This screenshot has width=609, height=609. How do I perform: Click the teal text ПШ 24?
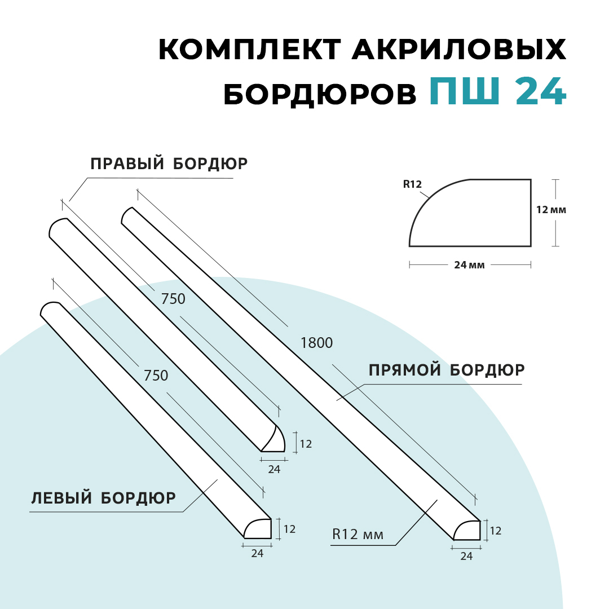point(498,91)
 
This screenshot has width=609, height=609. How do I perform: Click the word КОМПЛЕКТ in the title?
point(250,49)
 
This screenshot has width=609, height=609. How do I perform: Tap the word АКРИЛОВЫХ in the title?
point(459,49)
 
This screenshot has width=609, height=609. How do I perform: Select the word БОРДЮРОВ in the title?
point(320,94)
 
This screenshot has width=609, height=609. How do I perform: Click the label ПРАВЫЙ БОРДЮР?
point(169,164)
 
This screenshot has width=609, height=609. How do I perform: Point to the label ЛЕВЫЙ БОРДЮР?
point(103,498)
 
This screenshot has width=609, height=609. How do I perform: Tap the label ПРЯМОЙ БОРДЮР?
point(447,370)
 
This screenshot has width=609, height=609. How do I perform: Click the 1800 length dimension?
point(316,343)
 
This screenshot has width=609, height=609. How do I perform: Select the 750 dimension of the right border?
point(173,299)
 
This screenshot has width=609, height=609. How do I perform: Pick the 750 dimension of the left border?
point(156,376)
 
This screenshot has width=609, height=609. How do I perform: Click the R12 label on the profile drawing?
point(412,184)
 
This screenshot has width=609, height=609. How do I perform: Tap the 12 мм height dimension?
point(551,210)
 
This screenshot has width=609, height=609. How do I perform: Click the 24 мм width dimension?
point(469,265)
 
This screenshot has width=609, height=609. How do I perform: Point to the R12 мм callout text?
point(358,535)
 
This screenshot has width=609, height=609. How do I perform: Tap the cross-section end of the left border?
point(258,529)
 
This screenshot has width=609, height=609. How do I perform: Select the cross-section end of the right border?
point(274,440)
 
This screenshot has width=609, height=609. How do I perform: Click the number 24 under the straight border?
point(466,556)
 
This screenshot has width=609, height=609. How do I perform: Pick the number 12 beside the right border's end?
point(306,444)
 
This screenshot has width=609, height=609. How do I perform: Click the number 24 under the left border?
point(257,554)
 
